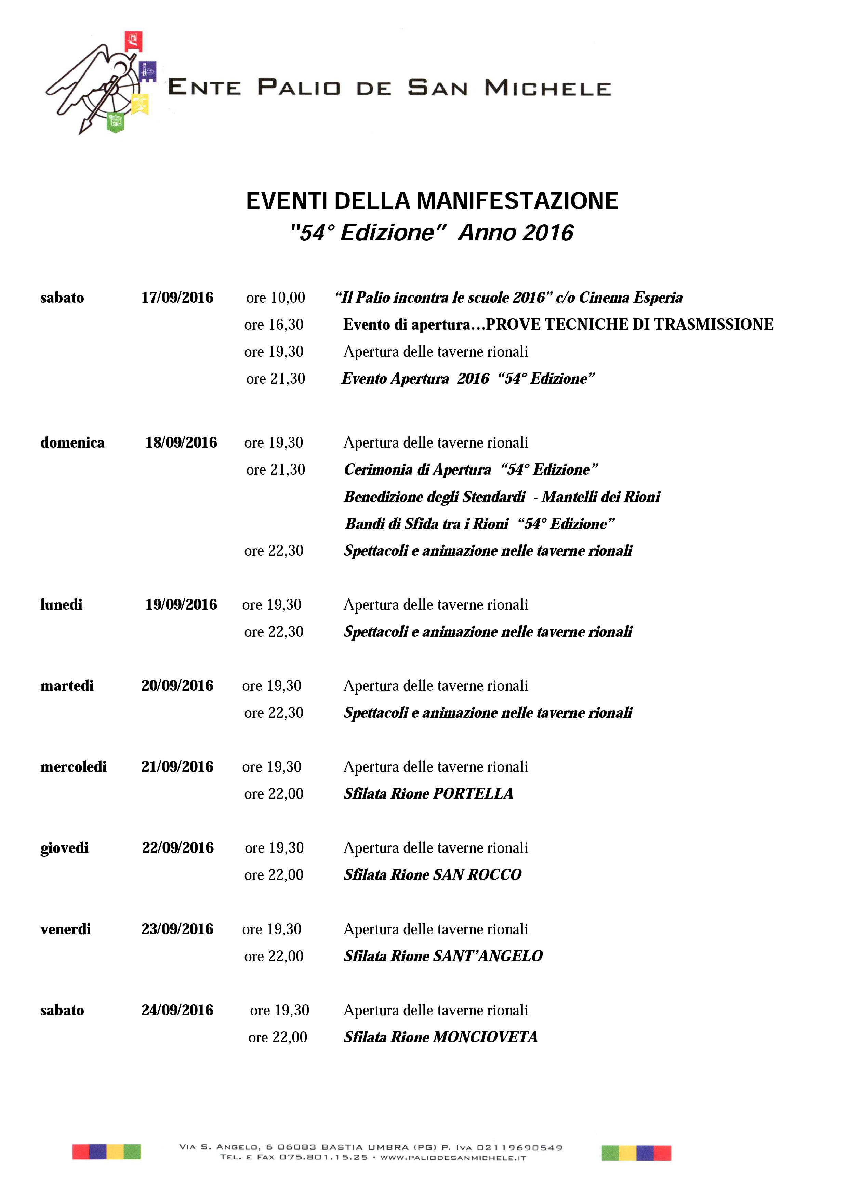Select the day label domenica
coord(72,443)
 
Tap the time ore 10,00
coord(275,298)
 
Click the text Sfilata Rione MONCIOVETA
coord(440,1038)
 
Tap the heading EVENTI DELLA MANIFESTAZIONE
coord(432,201)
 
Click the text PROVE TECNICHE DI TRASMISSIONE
coord(630,325)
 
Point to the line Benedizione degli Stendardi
coord(434,497)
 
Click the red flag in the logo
coord(133,41)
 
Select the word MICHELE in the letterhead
coord(547,88)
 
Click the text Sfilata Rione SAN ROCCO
coord(433,875)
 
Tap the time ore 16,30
coord(274,325)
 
